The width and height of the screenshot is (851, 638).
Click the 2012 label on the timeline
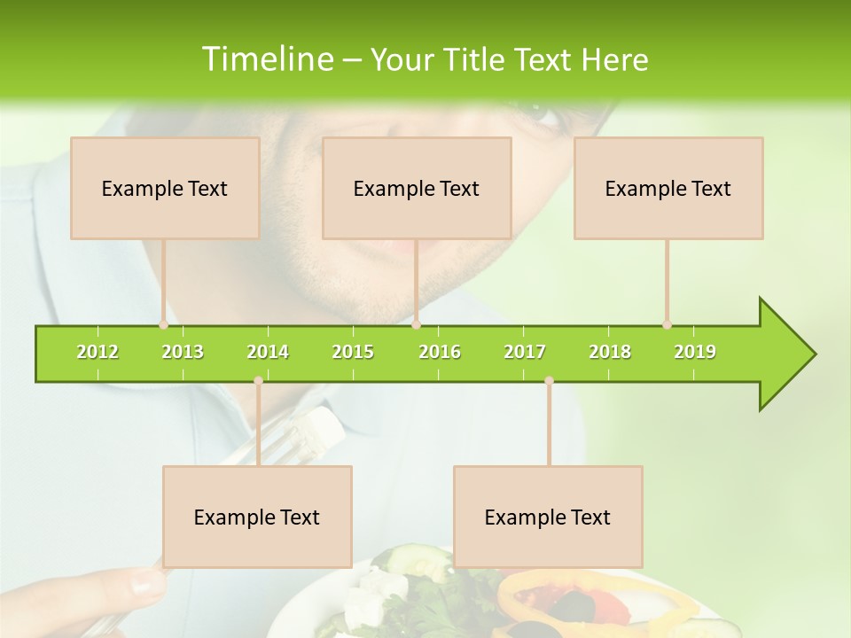(x=98, y=353)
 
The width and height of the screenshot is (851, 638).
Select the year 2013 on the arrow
(x=183, y=353)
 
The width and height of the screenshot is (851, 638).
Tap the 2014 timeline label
(x=268, y=353)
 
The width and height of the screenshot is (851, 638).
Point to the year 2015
(x=353, y=353)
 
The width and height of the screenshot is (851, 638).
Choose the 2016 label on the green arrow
(x=440, y=353)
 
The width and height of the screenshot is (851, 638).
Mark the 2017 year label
(x=525, y=353)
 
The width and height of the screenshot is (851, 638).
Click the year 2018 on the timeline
(x=610, y=353)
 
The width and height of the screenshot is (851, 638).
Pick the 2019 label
(x=695, y=353)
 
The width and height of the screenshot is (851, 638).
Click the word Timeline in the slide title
(x=267, y=59)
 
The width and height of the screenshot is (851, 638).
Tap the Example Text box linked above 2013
(x=165, y=188)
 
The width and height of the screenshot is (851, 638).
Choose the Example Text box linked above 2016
(x=417, y=188)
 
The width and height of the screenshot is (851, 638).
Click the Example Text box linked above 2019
(x=668, y=188)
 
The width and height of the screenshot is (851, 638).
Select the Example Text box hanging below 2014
(x=257, y=517)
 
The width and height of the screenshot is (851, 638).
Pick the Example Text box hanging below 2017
(x=548, y=517)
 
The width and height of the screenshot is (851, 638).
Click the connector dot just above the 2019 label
(x=667, y=324)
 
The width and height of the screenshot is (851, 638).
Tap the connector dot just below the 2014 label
(x=258, y=381)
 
